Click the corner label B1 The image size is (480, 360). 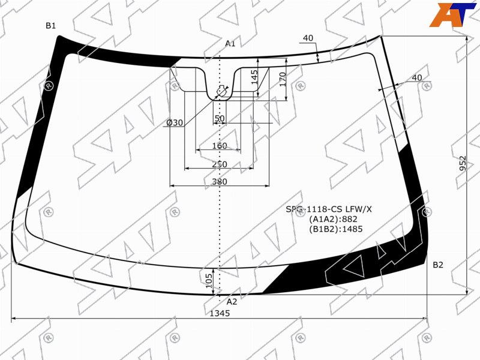pyautogui.click(x=51, y=26)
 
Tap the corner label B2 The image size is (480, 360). pyautogui.click(x=438, y=265)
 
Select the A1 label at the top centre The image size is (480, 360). pyautogui.click(x=230, y=43)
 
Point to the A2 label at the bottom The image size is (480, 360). pyautogui.click(x=232, y=302)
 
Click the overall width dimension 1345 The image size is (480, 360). pyautogui.click(x=220, y=313)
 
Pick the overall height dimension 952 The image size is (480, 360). pyautogui.click(x=463, y=163)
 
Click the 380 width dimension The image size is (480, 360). pyautogui.click(x=220, y=182)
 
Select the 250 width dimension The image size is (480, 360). pyautogui.click(x=220, y=164)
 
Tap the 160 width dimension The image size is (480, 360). pyautogui.click(x=220, y=146)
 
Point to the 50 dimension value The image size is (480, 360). pyautogui.click(x=220, y=118)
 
